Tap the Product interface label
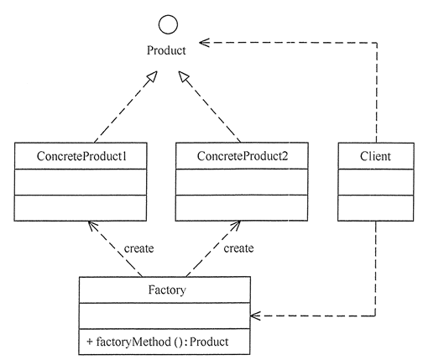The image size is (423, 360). click(x=166, y=50)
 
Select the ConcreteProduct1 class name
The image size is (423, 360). click(x=81, y=156)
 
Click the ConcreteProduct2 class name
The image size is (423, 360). click(x=243, y=156)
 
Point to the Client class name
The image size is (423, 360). click(x=375, y=156)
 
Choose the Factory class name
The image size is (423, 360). click(x=167, y=290)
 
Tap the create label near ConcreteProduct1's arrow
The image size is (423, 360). click(x=138, y=248)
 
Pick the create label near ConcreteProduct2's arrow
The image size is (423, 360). click(x=238, y=248)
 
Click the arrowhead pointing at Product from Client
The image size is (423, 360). click(x=204, y=43)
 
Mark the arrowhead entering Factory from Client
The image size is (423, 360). click(x=255, y=316)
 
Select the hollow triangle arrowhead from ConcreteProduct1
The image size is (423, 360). click(x=152, y=76)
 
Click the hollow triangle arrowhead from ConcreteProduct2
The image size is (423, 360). click(x=184, y=76)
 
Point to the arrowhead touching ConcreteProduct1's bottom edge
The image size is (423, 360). click(x=92, y=226)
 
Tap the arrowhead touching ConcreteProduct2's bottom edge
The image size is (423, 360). click(x=236, y=226)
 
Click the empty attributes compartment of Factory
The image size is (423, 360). click(x=164, y=316)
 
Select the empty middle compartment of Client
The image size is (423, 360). click(x=376, y=182)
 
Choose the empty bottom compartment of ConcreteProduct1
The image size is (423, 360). click(x=81, y=208)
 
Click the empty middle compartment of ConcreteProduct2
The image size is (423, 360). click(x=242, y=182)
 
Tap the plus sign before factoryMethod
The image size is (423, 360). click(x=90, y=342)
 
